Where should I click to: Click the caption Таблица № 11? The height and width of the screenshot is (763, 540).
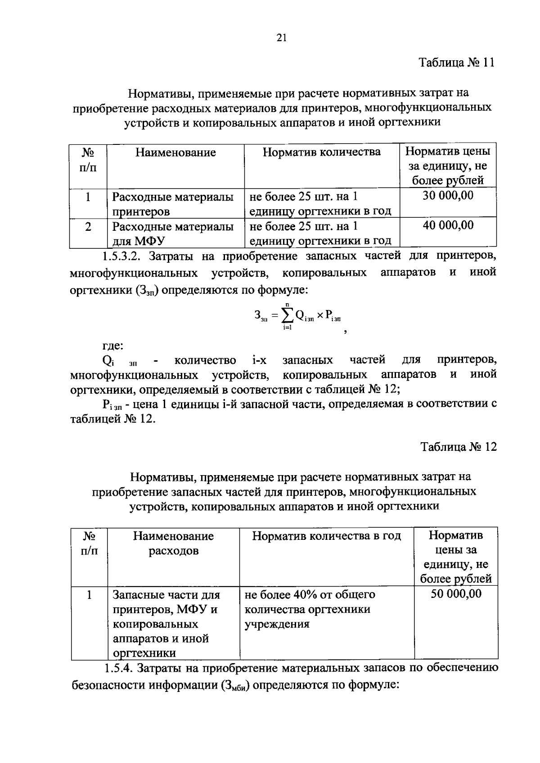(457, 63)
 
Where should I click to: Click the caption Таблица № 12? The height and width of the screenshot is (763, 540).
(459, 447)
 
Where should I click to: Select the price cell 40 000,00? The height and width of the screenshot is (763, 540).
(448, 225)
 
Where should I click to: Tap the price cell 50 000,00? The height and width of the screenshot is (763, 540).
(456, 594)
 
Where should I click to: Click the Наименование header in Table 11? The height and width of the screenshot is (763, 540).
(175, 153)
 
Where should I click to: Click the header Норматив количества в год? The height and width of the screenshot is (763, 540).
(326, 536)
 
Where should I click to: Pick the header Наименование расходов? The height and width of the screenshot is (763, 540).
(173, 543)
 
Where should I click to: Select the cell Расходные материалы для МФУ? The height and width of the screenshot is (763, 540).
(173, 233)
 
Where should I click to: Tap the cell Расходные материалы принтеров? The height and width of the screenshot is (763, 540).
(173, 204)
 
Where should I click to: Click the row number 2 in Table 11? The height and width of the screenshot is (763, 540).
(88, 226)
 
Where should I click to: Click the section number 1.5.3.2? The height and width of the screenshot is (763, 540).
(121, 256)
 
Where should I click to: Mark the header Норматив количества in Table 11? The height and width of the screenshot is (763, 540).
(321, 152)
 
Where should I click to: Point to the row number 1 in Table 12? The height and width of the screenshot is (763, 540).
(89, 595)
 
